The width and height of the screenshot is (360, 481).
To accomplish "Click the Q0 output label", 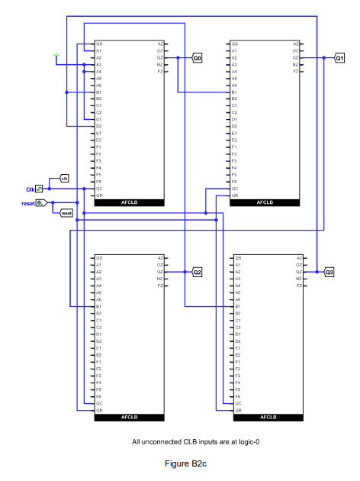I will point(198,58).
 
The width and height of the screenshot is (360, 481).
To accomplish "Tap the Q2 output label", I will point(198,272).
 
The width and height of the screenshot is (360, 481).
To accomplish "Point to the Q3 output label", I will point(329,272).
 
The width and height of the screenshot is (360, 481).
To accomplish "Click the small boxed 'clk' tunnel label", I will point(64,179).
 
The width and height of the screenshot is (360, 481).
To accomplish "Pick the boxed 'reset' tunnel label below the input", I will point(66,213).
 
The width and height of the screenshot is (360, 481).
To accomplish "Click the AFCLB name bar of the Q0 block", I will point(128,202).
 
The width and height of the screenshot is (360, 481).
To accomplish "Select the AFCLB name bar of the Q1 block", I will point(265,202).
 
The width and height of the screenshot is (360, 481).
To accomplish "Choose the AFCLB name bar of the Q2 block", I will point(128,418).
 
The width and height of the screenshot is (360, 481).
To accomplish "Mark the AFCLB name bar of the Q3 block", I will point(265,418).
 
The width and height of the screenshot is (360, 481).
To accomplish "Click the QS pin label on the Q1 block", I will point(235,44).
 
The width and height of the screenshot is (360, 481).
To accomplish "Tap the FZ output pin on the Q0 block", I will point(159,72).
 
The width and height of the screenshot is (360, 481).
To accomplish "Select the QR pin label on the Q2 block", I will point(98,410).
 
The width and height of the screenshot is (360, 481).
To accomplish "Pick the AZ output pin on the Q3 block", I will point(296,258).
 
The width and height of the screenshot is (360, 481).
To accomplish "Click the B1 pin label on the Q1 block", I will point(235,92).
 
